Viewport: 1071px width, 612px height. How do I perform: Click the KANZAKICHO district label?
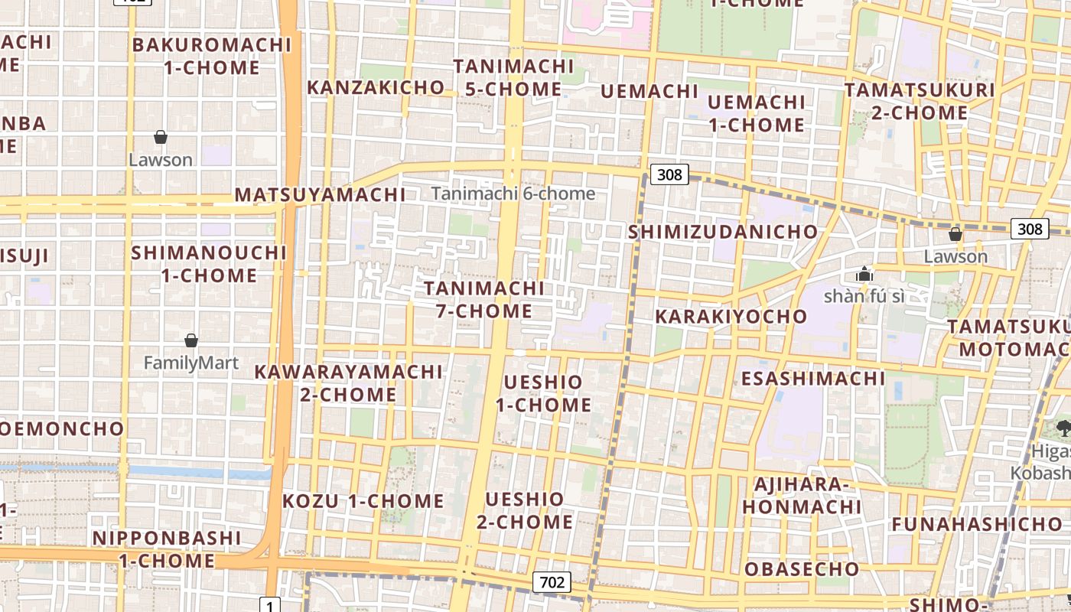coord(375,87)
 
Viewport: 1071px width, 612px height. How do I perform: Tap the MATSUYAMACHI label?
coord(320,195)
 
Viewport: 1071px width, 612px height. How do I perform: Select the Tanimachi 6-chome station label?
coord(513,194)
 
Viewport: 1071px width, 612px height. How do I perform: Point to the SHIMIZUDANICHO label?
coord(723,232)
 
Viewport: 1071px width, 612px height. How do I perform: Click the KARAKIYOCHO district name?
coord(731,316)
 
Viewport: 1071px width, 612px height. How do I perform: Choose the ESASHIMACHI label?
coord(812,379)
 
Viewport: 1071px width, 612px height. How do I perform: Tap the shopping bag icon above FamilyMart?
coord(191,340)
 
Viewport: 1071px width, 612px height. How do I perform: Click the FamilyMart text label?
coord(191,363)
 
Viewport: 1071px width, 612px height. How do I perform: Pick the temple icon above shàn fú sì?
coord(864,274)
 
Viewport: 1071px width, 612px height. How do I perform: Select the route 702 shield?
coord(552,582)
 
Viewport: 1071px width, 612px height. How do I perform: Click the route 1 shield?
coord(270,606)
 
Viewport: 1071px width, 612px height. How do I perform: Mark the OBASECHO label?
coord(802,569)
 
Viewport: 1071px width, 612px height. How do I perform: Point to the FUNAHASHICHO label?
coord(977,524)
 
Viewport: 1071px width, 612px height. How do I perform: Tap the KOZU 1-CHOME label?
coord(363,502)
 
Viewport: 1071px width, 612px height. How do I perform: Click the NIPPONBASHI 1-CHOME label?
coord(167,549)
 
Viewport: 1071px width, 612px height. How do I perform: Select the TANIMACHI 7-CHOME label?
coord(484,300)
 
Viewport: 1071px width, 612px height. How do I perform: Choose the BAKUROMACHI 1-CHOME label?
coord(212,56)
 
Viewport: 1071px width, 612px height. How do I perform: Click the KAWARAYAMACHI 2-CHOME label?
coord(348,383)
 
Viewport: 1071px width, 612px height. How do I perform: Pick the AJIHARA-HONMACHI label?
coord(802,496)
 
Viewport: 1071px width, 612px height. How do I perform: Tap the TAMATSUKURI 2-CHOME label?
coord(920,101)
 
